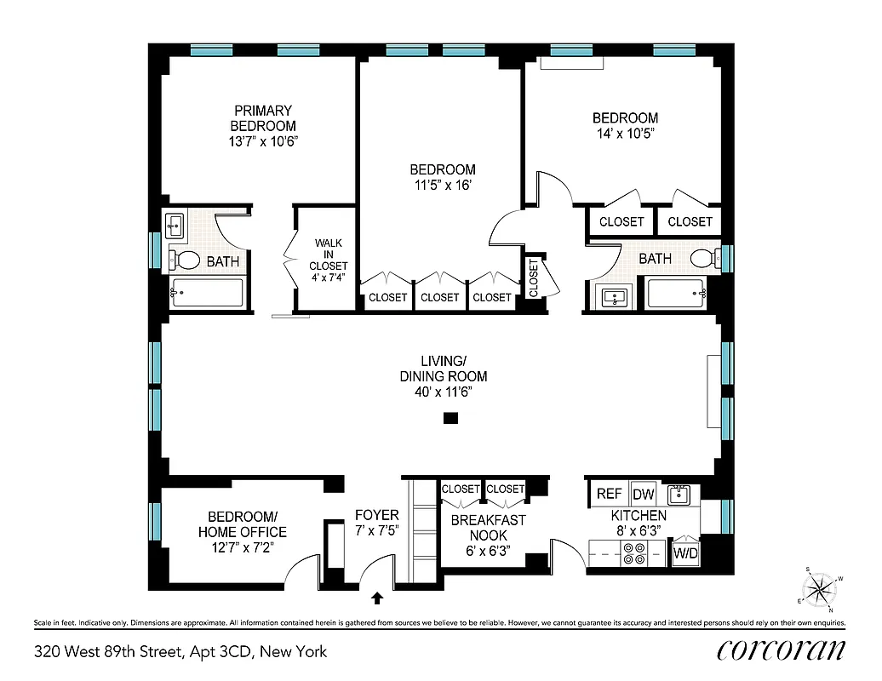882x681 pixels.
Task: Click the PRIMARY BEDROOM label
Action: coord(263,118)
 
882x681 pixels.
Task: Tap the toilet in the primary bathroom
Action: coord(185,259)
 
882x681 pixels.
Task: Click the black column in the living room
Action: coord(451,418)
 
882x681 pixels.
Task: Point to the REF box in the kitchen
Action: coord(609,494)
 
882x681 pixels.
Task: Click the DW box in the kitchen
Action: coord(642,494)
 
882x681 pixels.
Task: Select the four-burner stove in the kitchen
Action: coord(634,554)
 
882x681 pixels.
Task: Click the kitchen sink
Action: coord(679,494)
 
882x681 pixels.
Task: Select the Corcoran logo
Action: coord(781,650)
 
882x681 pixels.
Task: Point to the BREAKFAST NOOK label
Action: coord(488,527)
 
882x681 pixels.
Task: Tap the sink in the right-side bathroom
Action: coord(615,297)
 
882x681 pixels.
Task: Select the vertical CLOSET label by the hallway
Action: coord(534,277)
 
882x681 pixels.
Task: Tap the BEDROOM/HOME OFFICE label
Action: coord(243,524)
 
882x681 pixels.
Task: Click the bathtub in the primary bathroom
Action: coord(208,293)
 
